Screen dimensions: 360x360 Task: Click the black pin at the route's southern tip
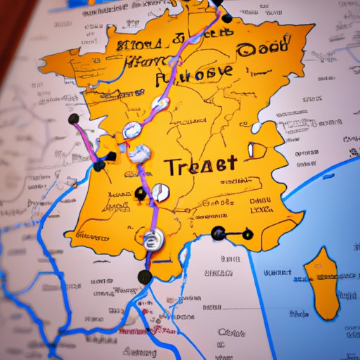click(145, 276)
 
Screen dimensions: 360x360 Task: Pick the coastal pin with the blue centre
click(218, 233)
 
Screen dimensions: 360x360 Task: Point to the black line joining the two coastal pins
click(233, 233)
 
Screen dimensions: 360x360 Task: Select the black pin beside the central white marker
click(140, 193)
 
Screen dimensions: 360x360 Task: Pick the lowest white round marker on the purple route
click(152, 240)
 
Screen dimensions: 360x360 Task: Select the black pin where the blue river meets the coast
click(99, 167)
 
